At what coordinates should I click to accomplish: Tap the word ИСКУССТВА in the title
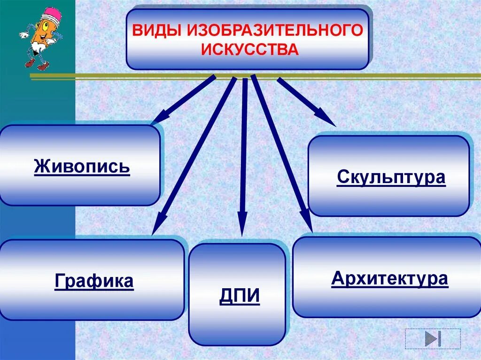(250, 50)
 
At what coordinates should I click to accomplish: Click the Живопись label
(82, 166)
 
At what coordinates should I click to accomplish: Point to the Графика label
(94, 281)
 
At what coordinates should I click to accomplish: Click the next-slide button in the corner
(432, 339)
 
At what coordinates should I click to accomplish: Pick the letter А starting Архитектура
(337, 278)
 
